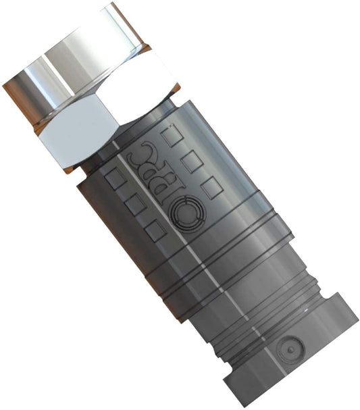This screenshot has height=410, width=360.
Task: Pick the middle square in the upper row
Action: click(x=192, y=161)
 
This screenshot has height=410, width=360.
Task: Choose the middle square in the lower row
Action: click(x=136, y=204)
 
